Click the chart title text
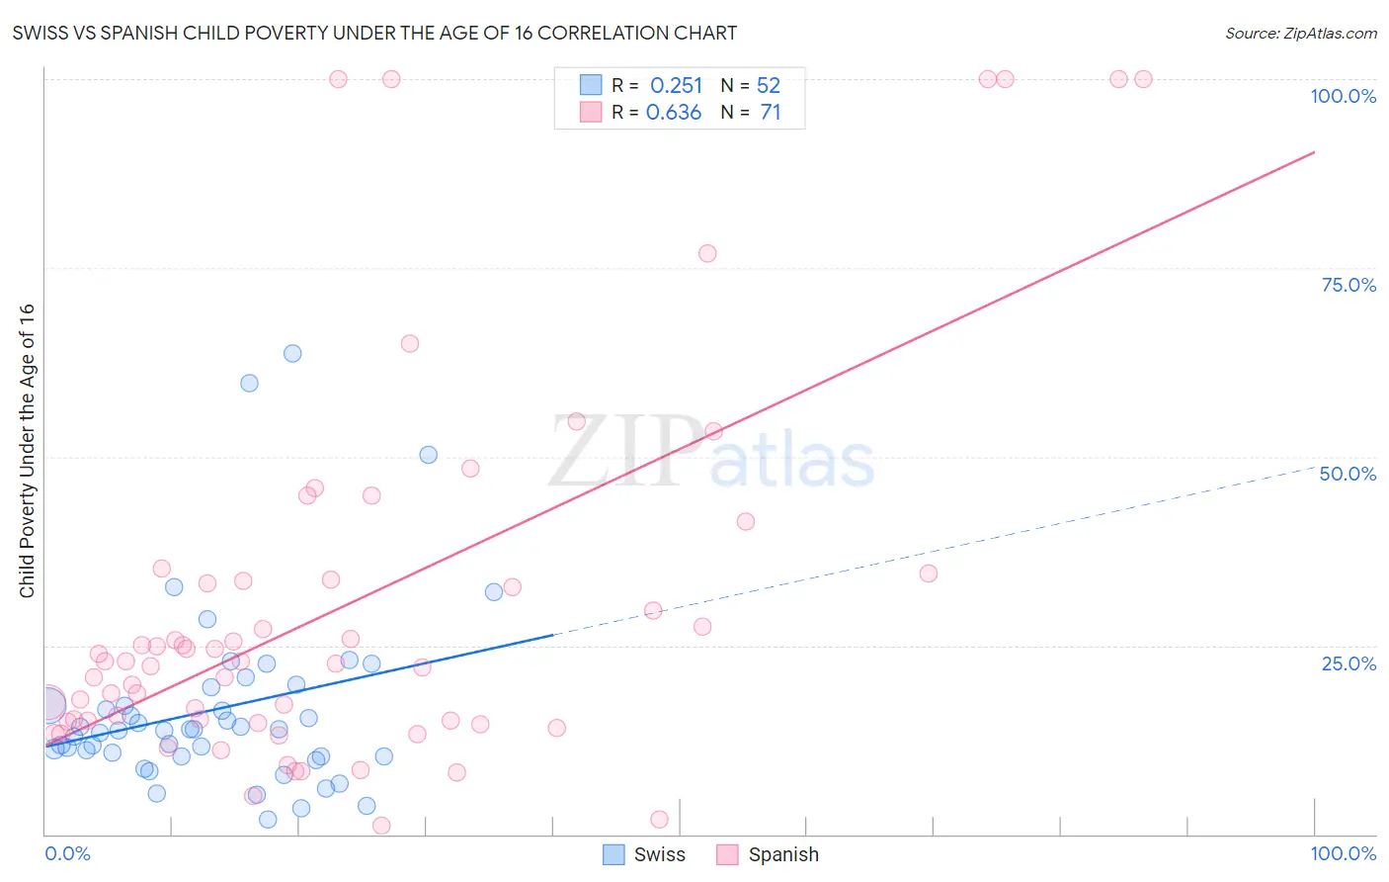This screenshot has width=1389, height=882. (374, 33)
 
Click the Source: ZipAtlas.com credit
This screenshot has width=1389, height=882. (1300, 33)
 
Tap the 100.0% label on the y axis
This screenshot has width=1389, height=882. (1343, 96)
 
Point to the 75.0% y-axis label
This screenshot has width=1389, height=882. (1348, 285)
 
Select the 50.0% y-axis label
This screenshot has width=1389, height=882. (1348, 474)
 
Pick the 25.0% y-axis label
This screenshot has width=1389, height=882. (1348, 663)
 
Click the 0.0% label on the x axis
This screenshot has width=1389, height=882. (67, 853)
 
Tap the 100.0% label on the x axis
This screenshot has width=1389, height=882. (1343, 853)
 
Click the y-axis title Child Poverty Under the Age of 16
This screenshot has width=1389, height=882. (27, 450)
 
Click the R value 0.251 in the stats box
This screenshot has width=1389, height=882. (676, 86)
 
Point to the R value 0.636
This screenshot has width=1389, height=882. (674, 113)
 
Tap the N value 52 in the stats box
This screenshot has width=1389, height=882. (769, 86)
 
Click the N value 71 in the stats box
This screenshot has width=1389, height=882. (771, 113)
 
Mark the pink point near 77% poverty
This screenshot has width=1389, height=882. (707, 253)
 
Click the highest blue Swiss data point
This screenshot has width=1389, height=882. (292, 353)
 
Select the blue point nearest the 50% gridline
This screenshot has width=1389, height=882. (428, 455)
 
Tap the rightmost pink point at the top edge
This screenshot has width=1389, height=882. (1143, 79)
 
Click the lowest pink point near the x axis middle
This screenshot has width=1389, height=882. (659, 819)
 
